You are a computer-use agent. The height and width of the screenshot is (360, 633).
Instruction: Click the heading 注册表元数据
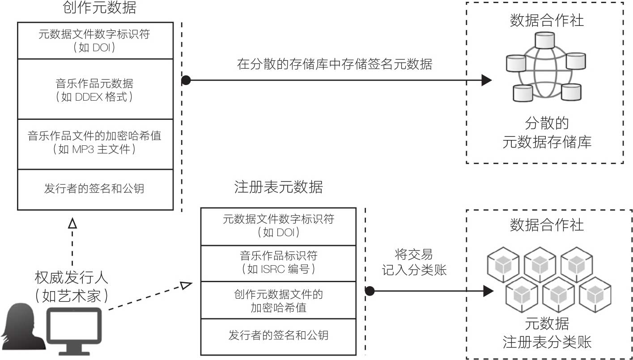pos(278,187)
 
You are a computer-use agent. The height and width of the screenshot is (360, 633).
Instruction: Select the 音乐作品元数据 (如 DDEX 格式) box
pos(95,89)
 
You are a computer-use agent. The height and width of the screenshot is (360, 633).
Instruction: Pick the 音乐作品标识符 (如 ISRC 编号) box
pos(278,263)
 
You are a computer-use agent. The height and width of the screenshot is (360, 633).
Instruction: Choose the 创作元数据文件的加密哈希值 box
pos(278,301)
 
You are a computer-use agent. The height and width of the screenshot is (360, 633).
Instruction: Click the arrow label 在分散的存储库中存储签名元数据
pos(335,64)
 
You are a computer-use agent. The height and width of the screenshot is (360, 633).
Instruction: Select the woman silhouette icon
pos(22,327)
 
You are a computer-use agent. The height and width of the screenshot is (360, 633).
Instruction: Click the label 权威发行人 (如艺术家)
pos(72,286)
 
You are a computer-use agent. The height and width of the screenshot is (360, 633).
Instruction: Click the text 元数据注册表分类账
pos(547,334)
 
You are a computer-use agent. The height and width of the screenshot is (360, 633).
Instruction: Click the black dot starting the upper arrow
pos(186,80)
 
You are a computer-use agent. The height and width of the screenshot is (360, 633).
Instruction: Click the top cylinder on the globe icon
pos(545,41)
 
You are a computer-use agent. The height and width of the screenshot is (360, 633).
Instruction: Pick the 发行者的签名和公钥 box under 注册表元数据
pos(278,335)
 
